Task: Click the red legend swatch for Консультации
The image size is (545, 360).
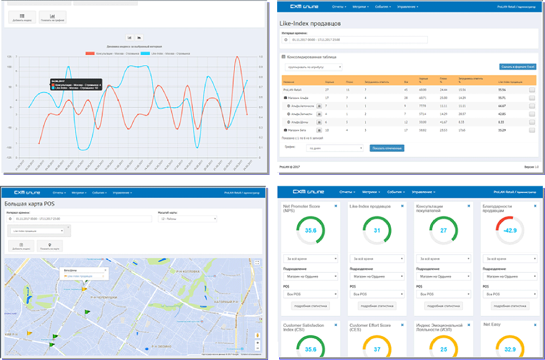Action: pyautogui.click(x=90, y=53)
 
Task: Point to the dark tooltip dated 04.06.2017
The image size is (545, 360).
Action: pyautogui.click(x=76, y=84)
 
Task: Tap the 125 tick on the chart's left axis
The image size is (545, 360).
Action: pyautogui.click(x=9, y=57)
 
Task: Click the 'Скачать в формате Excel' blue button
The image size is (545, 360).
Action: pyautogui.click(x=517, y=66)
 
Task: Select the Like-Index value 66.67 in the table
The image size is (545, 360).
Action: pyautogui.click(x=501, y=106)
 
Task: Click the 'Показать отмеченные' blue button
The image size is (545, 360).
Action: pyautogui.click(x=387, y=148)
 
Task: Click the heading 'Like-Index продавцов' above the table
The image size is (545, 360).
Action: pyautogui.click(x=311, y=24)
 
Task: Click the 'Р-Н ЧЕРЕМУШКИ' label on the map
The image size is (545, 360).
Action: pyautogui.click(x=103, y=297)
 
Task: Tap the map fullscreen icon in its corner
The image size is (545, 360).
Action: pyautogui.click(x=257, y=263)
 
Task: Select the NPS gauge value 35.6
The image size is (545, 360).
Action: pyautogui.click(x=310, y=230)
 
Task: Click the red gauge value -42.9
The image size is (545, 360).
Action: pyautogui.click(x=510, y=230)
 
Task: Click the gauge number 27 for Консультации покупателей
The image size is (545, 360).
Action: pyautogui.click(x=443, y=230)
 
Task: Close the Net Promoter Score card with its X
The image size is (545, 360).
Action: pyautogui.click(x=336, y=206)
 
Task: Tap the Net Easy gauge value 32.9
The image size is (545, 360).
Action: pyautogui.click(x=510, y=349)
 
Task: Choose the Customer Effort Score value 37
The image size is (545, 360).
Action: pyautogui.click(x=377, y=349)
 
